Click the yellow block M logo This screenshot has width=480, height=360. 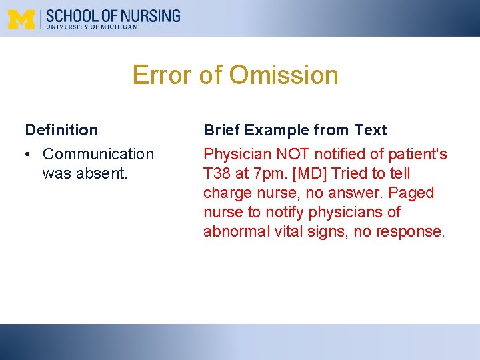[21, 19]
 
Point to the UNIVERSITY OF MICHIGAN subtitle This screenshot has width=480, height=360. [91, 27]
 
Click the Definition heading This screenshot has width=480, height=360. [61, 130]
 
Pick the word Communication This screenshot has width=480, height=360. [98, 154]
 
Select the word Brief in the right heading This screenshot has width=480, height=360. [221, 130]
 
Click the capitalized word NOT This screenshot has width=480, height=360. [289, 154]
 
